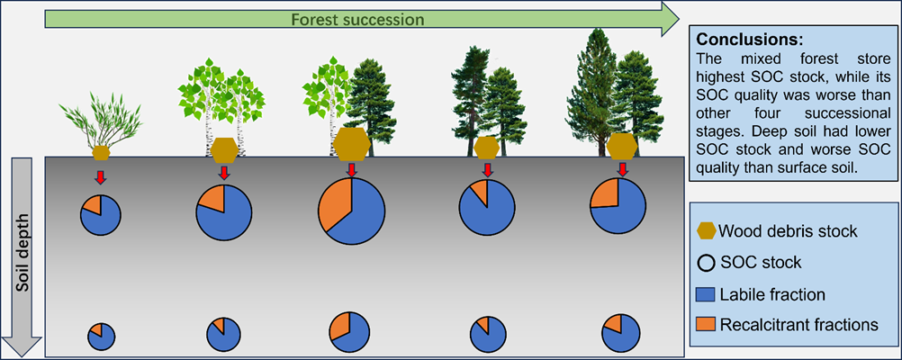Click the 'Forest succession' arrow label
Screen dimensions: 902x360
pyautogui.click(x=357, y=20)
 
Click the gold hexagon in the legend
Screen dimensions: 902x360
pyautogui.click(x=705, y=231)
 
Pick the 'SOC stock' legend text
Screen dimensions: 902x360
pyautogui.click(x=761, y=263)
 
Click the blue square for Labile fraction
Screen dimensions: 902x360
pyautogui.click(x=706, y=295)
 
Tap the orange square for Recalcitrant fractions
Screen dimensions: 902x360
pyautogui.click(x=706, y=325)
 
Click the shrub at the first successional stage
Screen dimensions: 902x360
pyautogui.click(x=100, y=121)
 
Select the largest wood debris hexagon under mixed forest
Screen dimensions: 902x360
pyautogui.click(x=352, y=144)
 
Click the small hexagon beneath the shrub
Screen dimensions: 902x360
pyautogui.click(x=101, y=153)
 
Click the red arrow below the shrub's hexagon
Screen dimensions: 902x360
pyautogui.click(x=101, y=177)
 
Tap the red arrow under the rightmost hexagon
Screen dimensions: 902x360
pyautogui.click(x=622, y=169)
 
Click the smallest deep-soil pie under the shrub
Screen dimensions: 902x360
pyautogui.click(x=101, y=337)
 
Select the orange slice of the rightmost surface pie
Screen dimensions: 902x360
pyautogui.click(x=605, y=193)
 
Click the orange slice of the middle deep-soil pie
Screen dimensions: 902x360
pyautogui.click(x=340, y=326)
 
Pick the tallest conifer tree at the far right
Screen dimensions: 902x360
pyautogui.click(x=595, y=92)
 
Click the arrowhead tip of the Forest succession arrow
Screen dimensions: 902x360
pyautogui.click(x=680, y=20)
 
